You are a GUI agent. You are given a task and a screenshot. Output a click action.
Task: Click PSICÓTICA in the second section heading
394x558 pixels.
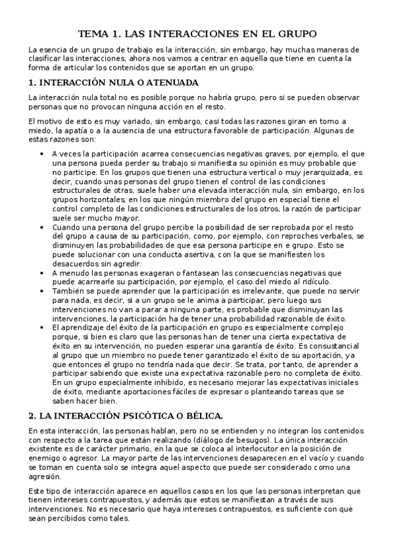pyautogui.click(x=145, y=416)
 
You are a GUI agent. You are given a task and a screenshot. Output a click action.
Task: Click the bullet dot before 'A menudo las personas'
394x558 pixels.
pyautogui.click(x=43, y=272)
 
